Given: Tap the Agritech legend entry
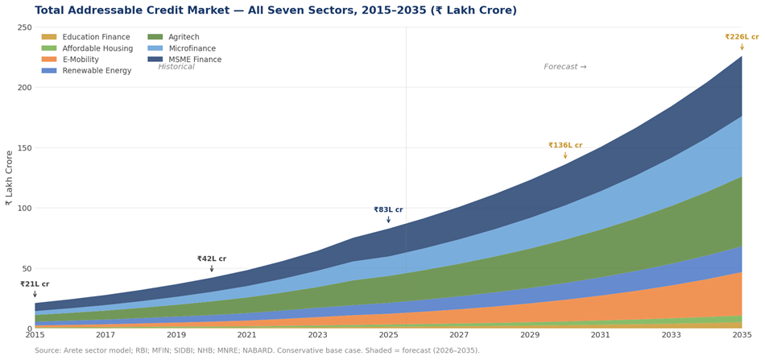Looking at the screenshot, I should [x=184, y=37].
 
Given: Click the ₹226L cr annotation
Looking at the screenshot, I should [x=741, y=37].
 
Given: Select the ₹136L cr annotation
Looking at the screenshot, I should [x=564, y=146].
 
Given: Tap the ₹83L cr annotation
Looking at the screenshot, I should [x=388, y=210].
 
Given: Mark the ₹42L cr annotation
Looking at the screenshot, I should [x=212, y=259].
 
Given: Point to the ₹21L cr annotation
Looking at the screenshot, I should [x=35, y=284].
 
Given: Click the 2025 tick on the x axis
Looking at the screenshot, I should [x=388, y=335].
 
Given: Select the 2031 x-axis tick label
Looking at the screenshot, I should [x=600, y=335].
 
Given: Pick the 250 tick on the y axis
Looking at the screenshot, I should [x=24, y=27].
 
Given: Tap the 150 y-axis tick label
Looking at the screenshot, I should [x=24, y=148].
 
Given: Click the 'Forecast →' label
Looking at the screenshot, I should [x=564, y=67].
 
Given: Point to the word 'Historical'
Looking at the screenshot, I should [x=176, y=67].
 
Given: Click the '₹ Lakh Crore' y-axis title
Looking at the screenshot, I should [x=10, y=178].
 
